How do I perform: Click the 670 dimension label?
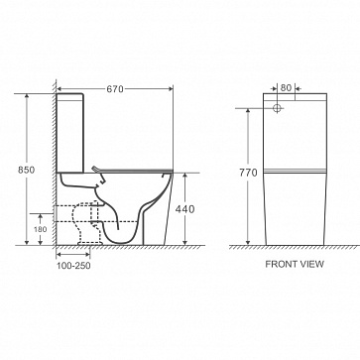click(115, 89)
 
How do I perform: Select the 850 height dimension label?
click(26, 170)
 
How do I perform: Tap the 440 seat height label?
click(184, 209)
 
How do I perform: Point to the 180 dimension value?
click(41, 229)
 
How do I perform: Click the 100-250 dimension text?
click(73, 266)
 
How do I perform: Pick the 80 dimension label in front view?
click(286, 88)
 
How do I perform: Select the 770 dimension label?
click(248, 173)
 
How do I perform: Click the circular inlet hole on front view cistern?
click(277, 108)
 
